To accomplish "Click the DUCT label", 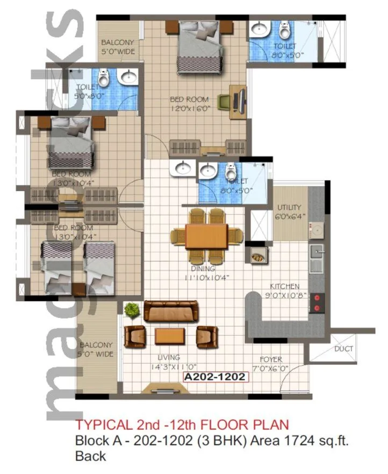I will tap(343, 349).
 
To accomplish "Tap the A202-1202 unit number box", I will tap(216, 377).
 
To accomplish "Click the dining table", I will tap(206, 236).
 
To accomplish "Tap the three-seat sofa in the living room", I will tap(170, 311).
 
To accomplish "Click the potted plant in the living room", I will tap(131, 310).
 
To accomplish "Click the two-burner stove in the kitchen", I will tap(317, 302).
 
